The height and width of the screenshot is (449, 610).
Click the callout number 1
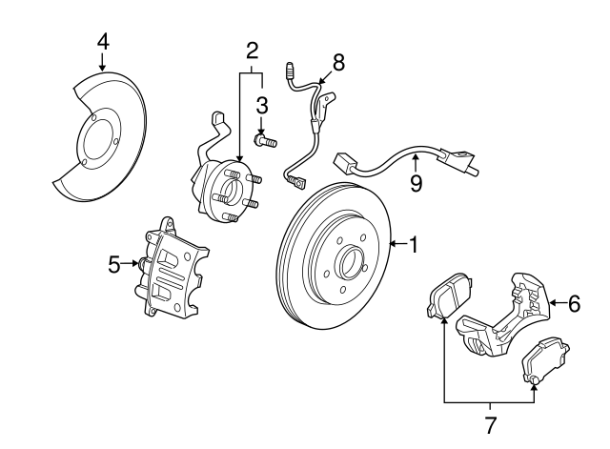click(413, 245)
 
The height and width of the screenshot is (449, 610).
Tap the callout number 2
click(252, 50)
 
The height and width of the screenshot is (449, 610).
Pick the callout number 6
click(573, 305)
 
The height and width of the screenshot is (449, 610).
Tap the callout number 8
click(337, 62)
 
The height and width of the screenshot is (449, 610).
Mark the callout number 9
click(416, 182)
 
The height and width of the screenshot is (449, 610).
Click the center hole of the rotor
click(348, 258)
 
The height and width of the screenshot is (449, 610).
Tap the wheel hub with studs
click(225, 190)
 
